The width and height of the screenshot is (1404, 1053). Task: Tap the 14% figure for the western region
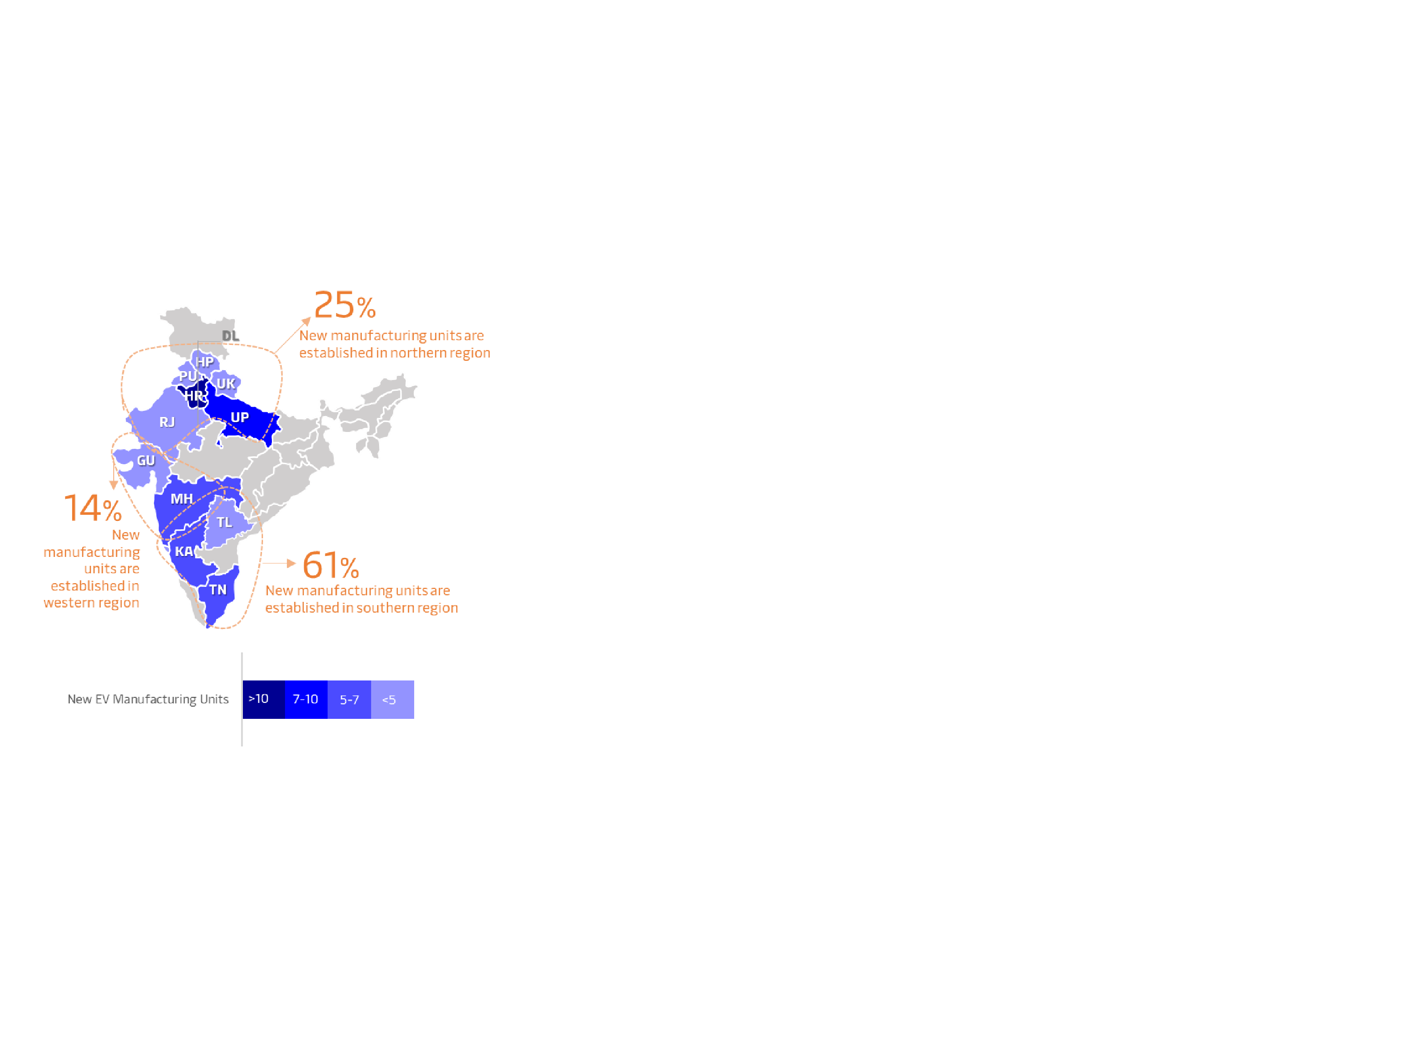pyautogui.click(x=93, y=508)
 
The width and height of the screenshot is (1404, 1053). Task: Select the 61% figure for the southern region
pyautogui.click(x=331, y=565)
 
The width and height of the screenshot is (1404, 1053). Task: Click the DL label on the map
pyautogui.click(x=230, y=336)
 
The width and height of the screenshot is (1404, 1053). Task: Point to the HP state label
pyautogui.click(x=205, y=362)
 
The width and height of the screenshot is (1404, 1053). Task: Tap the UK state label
pyautogui.click(x=226, y=383)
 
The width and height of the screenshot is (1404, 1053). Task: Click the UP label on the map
pyautogui.click(x=239, y=417)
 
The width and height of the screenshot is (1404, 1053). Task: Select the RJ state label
pyautogui.click(x=167, y=422)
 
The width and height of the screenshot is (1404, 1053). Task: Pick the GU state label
pyautogui.click(x=146, y=461)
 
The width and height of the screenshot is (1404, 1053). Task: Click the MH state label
pyautogui.click(x=182, y=499)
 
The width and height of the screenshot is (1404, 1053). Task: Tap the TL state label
pyautogui.click(x=224, y=522)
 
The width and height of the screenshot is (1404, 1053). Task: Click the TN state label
pyautogui.click(x=218, y=590)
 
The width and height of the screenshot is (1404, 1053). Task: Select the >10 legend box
pyautogui.click(x=264, y=700)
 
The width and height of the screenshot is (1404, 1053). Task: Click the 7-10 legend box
pyautogui.click(x=307, y=700)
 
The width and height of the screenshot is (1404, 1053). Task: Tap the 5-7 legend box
pyautogui.click(x=350, y=700)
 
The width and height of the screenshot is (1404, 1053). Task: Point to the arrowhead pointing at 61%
pyautogui.click(x=292, y=563)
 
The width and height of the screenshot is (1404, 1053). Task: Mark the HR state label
pyautogui.click(x=194, y=396)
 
